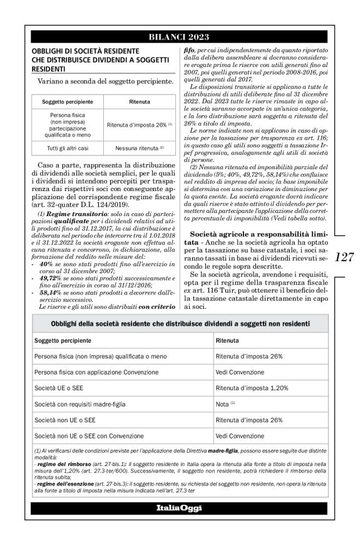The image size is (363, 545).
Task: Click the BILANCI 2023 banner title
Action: point(181,37)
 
